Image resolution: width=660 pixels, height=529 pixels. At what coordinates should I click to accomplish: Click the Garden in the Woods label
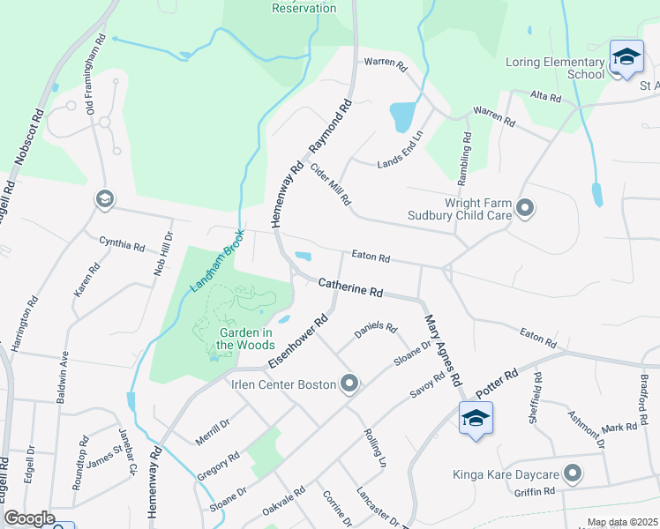click(x=246, y=339)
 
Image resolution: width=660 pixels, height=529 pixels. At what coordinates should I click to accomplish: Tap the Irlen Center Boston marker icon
click(x=350, y=384)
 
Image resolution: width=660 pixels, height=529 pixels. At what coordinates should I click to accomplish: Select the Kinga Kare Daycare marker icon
click(x=574, y=474)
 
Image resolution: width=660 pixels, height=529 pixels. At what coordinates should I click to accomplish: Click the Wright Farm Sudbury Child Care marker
click(x=526, y=208)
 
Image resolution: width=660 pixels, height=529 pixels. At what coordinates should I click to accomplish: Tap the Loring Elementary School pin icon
click(x=626, y=57)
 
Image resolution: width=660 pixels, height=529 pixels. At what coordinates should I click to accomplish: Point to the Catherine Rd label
click(x=350, y=287)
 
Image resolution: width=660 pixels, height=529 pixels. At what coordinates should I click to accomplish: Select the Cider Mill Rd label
click(x=331, y=184)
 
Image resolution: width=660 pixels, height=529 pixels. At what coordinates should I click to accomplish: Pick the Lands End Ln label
click(x=401, y=150)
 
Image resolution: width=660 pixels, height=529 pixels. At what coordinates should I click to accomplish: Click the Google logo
click(x=29, y=518)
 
